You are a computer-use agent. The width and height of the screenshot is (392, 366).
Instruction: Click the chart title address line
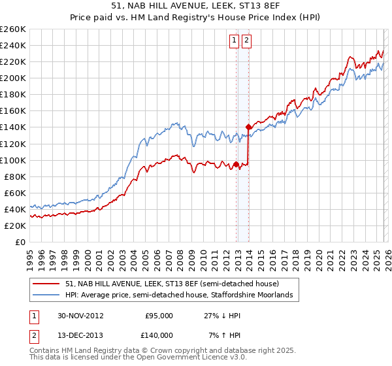[x=195, y=6]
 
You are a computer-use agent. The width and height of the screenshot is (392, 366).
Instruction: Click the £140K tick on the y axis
[x=12, y=127]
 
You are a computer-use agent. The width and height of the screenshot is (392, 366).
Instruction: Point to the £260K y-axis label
[x=12, y=29]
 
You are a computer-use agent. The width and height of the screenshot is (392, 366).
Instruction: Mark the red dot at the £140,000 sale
[x=248, y=127]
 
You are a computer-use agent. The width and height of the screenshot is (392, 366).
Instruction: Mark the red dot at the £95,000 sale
[x=237, y=164]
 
